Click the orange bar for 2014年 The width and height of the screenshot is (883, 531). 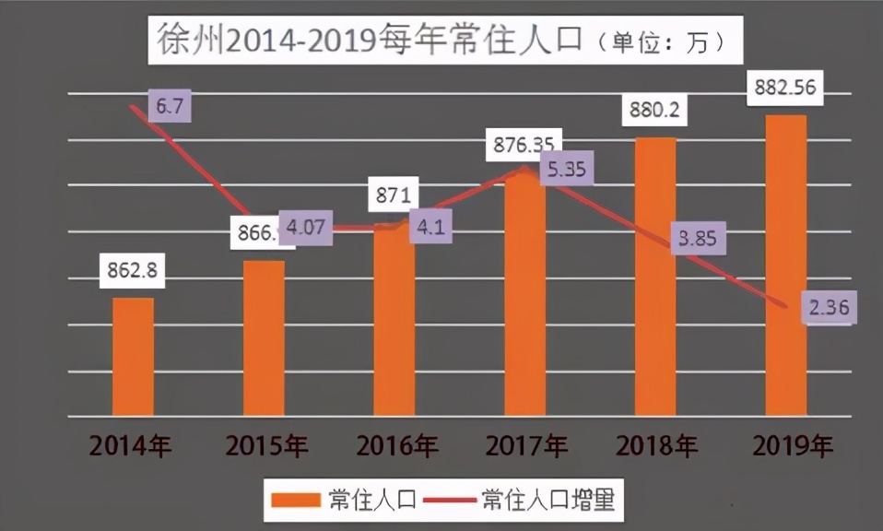tap(133, 356)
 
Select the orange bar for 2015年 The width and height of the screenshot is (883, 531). tap(264, 337)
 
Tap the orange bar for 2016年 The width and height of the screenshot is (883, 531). tap(394, 318)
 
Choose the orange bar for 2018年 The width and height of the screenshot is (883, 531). tap(655, 277)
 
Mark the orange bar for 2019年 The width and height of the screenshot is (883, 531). tap(786, 265)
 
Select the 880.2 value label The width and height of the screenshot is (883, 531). tap(655, 111)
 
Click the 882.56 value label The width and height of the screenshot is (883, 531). tap(786, 87)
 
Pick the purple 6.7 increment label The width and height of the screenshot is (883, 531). tap(168, 107)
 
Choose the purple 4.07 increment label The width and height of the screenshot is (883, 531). tap(305, 227)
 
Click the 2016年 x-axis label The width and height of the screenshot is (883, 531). tap(395, 447)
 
